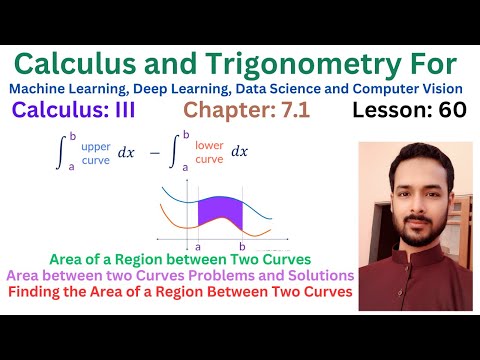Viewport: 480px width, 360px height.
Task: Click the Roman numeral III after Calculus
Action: coord(147,111)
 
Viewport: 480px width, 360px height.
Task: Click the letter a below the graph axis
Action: coord(198,245)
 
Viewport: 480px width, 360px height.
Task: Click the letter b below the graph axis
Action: coord(241,245)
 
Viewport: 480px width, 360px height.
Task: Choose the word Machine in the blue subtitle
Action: coord(39,89)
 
